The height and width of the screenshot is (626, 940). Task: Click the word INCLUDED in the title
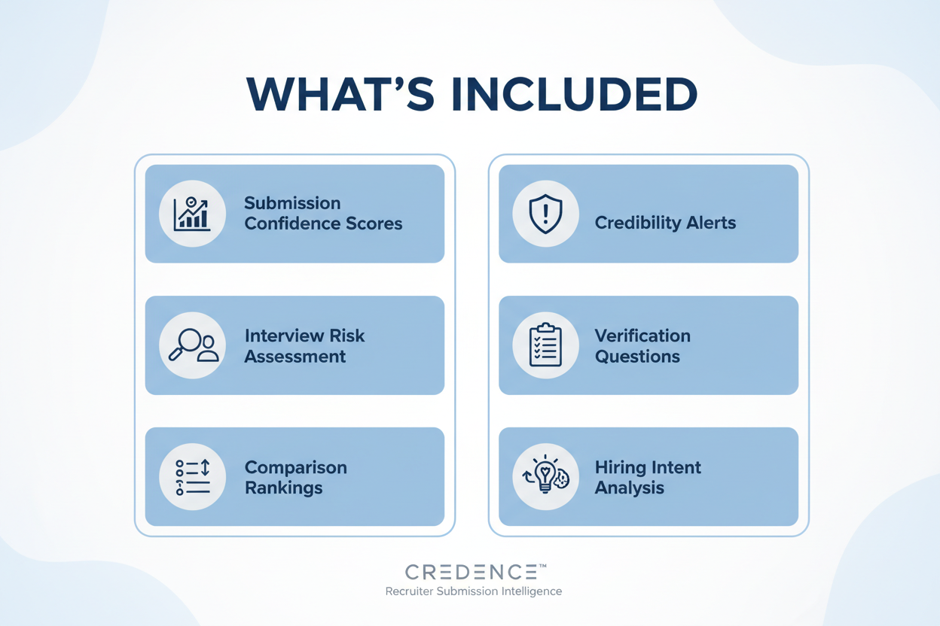[574, 94]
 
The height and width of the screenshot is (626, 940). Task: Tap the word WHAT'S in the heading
[340, 94]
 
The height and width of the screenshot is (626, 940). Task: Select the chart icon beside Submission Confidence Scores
[192, 214]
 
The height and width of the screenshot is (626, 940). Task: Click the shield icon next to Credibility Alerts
[545, 214]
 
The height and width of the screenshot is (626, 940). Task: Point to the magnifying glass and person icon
[192, 345]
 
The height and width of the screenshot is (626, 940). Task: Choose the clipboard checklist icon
[545, 345]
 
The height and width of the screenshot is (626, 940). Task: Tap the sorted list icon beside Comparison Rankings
[192, 477]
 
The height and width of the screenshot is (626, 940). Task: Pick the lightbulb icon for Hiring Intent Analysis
[545, 477]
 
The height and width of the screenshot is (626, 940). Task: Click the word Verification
[642, 336]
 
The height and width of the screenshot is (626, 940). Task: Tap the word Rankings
[283, 488]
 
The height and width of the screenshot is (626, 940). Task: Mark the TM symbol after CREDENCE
[541, 566]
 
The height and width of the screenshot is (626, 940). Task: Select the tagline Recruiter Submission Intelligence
[473, 591]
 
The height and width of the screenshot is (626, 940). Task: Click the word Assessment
[295, 356]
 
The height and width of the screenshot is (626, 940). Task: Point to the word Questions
[637, 356]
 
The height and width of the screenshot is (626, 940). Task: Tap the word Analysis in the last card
[629, 488]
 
